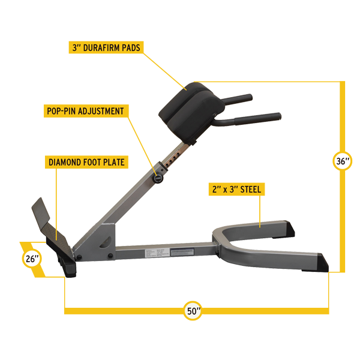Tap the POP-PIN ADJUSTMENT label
(85, 111)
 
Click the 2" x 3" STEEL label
(236, 188)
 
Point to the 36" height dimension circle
(343, 161)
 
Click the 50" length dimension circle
(193, 311)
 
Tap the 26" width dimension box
(31, 260)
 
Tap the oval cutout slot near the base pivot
(106, 240)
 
